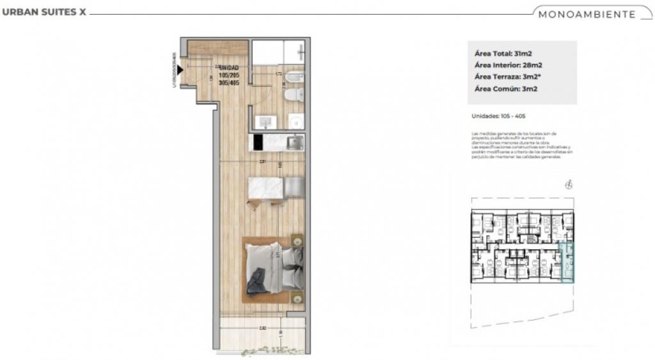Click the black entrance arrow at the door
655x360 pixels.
click(x=181, y=70)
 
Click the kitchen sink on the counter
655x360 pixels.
click(x=295, y=143)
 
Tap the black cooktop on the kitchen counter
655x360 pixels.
click(x=258, y=142)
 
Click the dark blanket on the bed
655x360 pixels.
click(x=257, y=281)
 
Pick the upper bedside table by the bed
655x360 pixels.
click(x=296, y=241)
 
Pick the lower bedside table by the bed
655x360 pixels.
click(x=296, y=298)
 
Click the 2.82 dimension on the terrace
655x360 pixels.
click(x=262, y=329)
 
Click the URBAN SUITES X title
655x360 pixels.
click(x=44, y=13)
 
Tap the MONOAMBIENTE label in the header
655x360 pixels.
click(x=587, y=14)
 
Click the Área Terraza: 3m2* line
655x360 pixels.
click(x=510, y=77)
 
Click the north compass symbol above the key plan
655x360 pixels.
click(x=569, y=185)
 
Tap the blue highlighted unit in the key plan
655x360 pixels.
click(x=567, y=263)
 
